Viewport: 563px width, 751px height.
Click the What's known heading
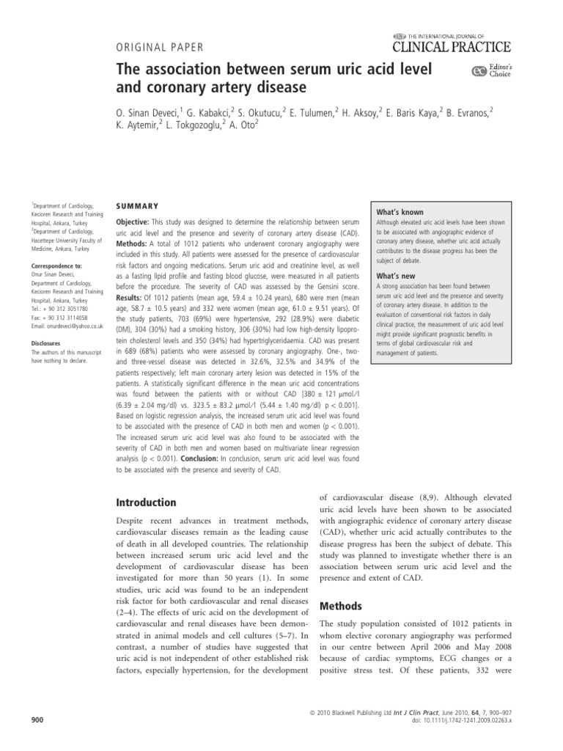tap(400, 212)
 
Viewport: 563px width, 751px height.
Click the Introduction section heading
tap(147, 503)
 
